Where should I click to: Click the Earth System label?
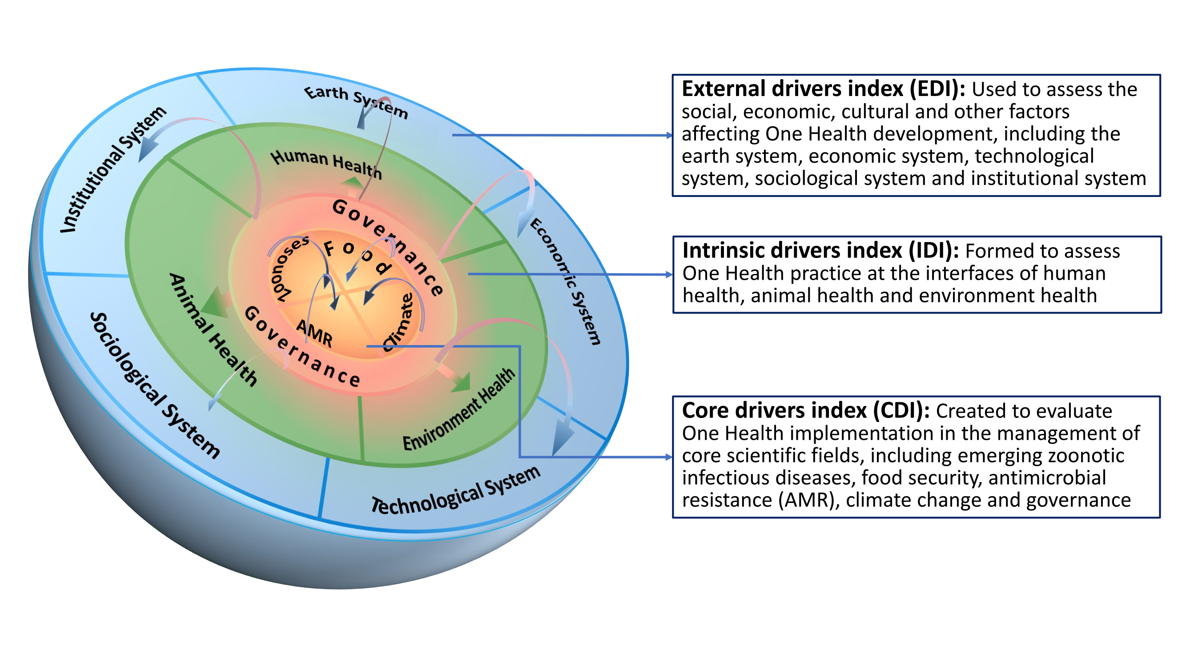pos(355,101)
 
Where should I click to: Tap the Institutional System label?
pos(113,169)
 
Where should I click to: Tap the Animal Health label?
pos(213,329)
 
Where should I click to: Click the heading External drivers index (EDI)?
pos(823,89)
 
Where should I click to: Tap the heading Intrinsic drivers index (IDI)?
pos(820,251)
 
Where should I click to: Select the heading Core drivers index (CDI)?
pos(805,410)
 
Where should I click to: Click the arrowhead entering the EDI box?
pos(669,135)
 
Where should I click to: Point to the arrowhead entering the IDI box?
pos(669,275)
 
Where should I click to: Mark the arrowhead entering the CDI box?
pos(669,457)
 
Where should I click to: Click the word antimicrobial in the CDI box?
pos(1046,478)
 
